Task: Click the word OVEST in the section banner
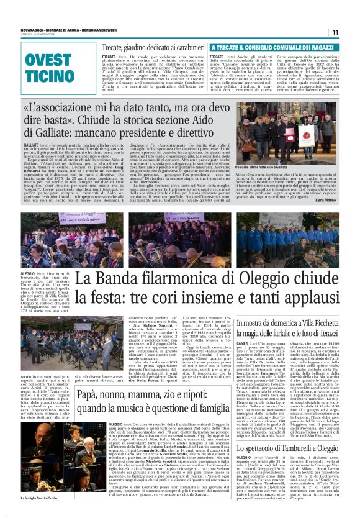(x=48, y=61)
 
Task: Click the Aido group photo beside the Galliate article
(x=287, y=133)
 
